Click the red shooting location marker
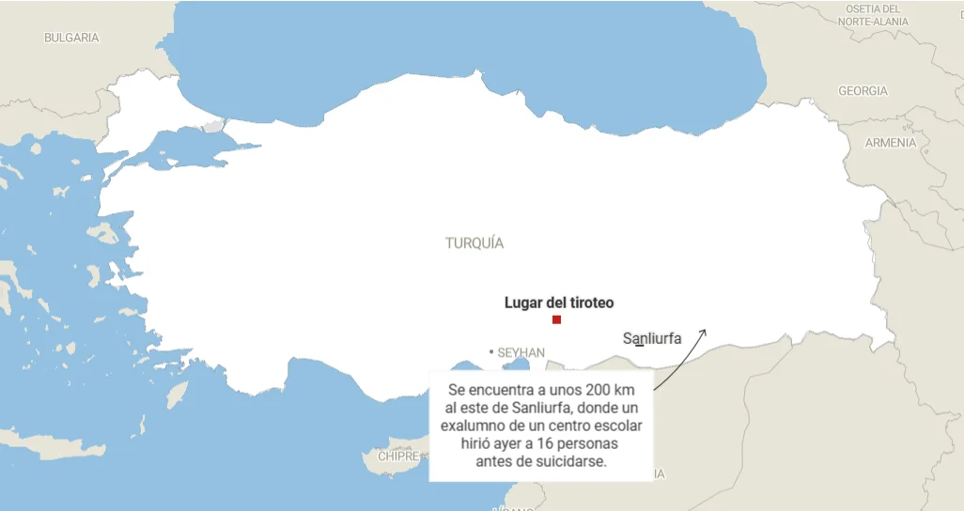pyautogui.click(x=556, y=320)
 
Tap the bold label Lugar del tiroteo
pyautogui.click(x=558, y=302)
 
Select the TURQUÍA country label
pyautogui.click(x=474, y=243)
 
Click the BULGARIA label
pyautogui.click(x=71, y=39)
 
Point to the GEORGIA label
pyautogui.click(x=863, y=91)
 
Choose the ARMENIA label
pyautogui.click(x=890, y=143)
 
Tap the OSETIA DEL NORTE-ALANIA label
pyautogui.click(x=873, y=15)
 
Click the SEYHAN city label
pyautogui.click(x=521, y=352)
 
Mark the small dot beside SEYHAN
pyautogui.click(x=490, y=352)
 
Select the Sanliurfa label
pyautogui.click(x=652, y=339)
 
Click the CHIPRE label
pyautogui.click(x=398, y=457)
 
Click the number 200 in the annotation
pyautogui.click(x=583, y=390)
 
